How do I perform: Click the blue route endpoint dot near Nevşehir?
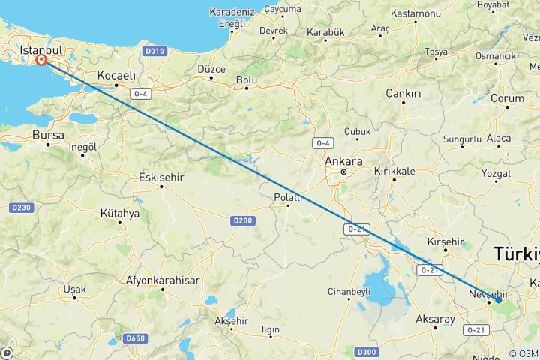click(x=498, y=300)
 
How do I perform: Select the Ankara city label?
click(x=343, y=161)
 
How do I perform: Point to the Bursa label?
click(x=49, y=135)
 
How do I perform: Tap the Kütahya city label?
click(x=120, y=213)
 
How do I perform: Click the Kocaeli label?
click(x=116, y=75)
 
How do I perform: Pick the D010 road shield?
click(x=154, y=52)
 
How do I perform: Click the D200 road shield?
click(x=242, y=220)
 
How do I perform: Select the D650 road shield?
click(x=136, y=338)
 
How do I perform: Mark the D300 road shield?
click(x=366, y=351)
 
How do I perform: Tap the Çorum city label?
click(x=506, y=98)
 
